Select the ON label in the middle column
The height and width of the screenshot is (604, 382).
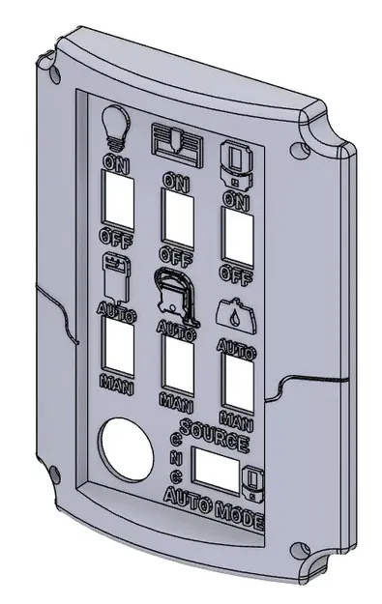(175, 181)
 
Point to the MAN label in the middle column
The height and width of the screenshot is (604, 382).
(177, 398)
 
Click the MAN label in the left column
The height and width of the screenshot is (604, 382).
(117, 380)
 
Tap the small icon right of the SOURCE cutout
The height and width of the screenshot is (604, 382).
(254, 481)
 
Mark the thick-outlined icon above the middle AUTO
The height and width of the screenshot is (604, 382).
(174, 291)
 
